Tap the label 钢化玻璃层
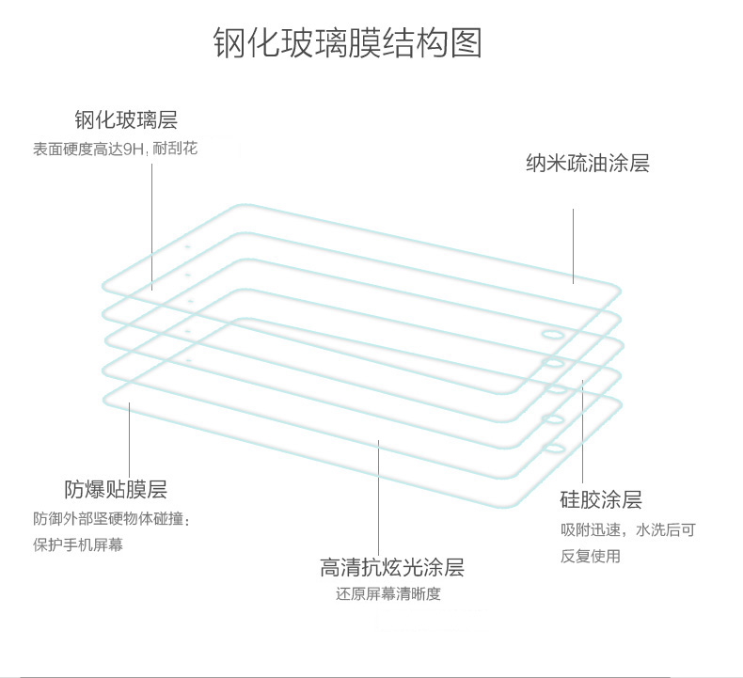tap(126, 120)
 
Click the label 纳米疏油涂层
tap(587, 164)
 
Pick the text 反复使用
tap(591, 556)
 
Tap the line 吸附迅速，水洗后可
tap(627, 530)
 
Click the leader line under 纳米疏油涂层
tap(574, 244)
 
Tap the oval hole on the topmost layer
tap(552, 334)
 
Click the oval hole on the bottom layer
tap(554, 449)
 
